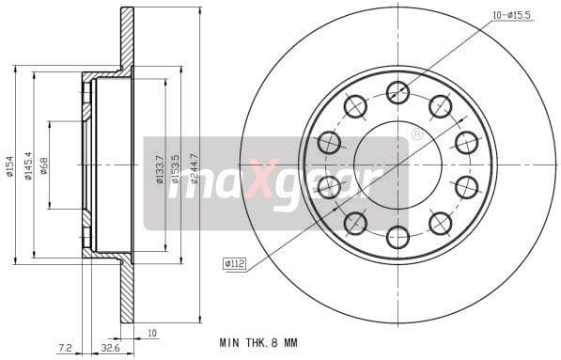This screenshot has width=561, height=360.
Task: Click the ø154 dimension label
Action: point(8,165)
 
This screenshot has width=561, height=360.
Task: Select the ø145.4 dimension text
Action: point(27,165)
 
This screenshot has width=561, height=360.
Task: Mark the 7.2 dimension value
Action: point(64,348)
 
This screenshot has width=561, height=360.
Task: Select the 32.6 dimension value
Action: point(109,348)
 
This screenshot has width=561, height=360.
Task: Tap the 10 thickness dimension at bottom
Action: point(152,332)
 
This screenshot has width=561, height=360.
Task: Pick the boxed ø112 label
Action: point(234,264)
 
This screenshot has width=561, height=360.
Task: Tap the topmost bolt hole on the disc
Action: point(398,92)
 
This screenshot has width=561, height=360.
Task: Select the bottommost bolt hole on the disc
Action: point(398,237)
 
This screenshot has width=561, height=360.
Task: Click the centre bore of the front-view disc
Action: point(398,164)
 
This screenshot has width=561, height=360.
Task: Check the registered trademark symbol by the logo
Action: point(416,134)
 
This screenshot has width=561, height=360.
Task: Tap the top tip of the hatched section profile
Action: point(127,9)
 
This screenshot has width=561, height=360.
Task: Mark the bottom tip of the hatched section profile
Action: point(127,321)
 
